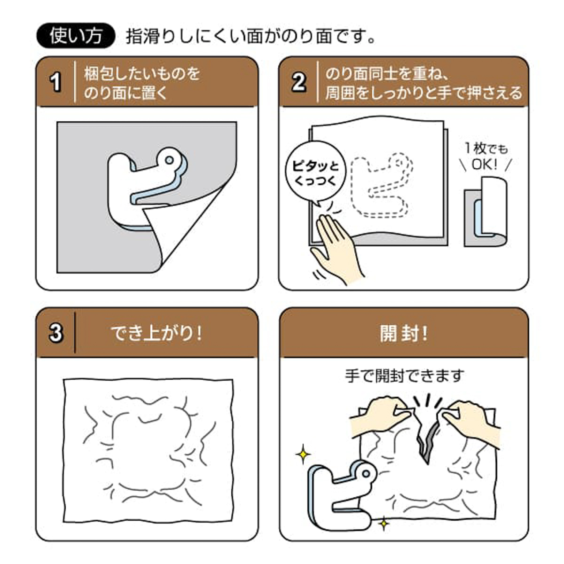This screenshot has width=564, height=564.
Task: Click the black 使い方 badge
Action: (x=75, y=36)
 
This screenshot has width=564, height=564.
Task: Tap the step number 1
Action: (x=56, y=82)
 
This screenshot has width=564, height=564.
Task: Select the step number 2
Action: (x=299, y=82)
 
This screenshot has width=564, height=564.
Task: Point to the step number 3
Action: (x=56, y=333)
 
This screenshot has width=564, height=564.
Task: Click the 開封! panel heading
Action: (x=404, y=333)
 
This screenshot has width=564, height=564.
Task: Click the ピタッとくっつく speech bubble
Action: (x=314, y=172)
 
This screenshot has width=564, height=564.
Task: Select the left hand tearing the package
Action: (x=381, y=414)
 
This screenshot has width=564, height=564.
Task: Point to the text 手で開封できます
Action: (x=404, y=376)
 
